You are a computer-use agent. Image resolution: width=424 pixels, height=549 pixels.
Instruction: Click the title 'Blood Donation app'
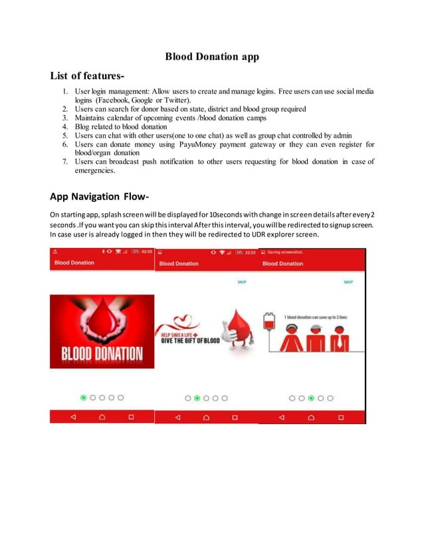click(211, 56)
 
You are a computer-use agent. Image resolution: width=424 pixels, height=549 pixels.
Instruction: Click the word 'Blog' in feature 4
click(83, 126)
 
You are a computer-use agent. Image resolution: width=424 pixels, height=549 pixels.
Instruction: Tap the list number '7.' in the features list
click(66, 162)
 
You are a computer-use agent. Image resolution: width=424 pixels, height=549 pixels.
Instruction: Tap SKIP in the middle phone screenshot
click(242, 282)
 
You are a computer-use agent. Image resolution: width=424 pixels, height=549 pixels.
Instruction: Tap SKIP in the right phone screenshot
click(348, 282)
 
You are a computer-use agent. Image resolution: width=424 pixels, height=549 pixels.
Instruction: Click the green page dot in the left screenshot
click(83, 397)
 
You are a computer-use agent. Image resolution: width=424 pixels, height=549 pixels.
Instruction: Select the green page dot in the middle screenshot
click(197, 398)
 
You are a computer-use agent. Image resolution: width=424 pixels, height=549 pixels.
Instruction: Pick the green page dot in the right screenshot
click(311, 398)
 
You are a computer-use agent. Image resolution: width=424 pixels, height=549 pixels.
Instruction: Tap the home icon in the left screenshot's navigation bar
click(102, 417)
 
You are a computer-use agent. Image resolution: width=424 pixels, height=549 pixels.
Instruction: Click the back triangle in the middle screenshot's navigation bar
click(177, 417)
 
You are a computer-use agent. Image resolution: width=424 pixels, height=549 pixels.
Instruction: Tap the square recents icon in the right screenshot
click(340, 417)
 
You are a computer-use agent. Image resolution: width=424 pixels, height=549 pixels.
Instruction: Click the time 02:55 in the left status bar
click(146, 252)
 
